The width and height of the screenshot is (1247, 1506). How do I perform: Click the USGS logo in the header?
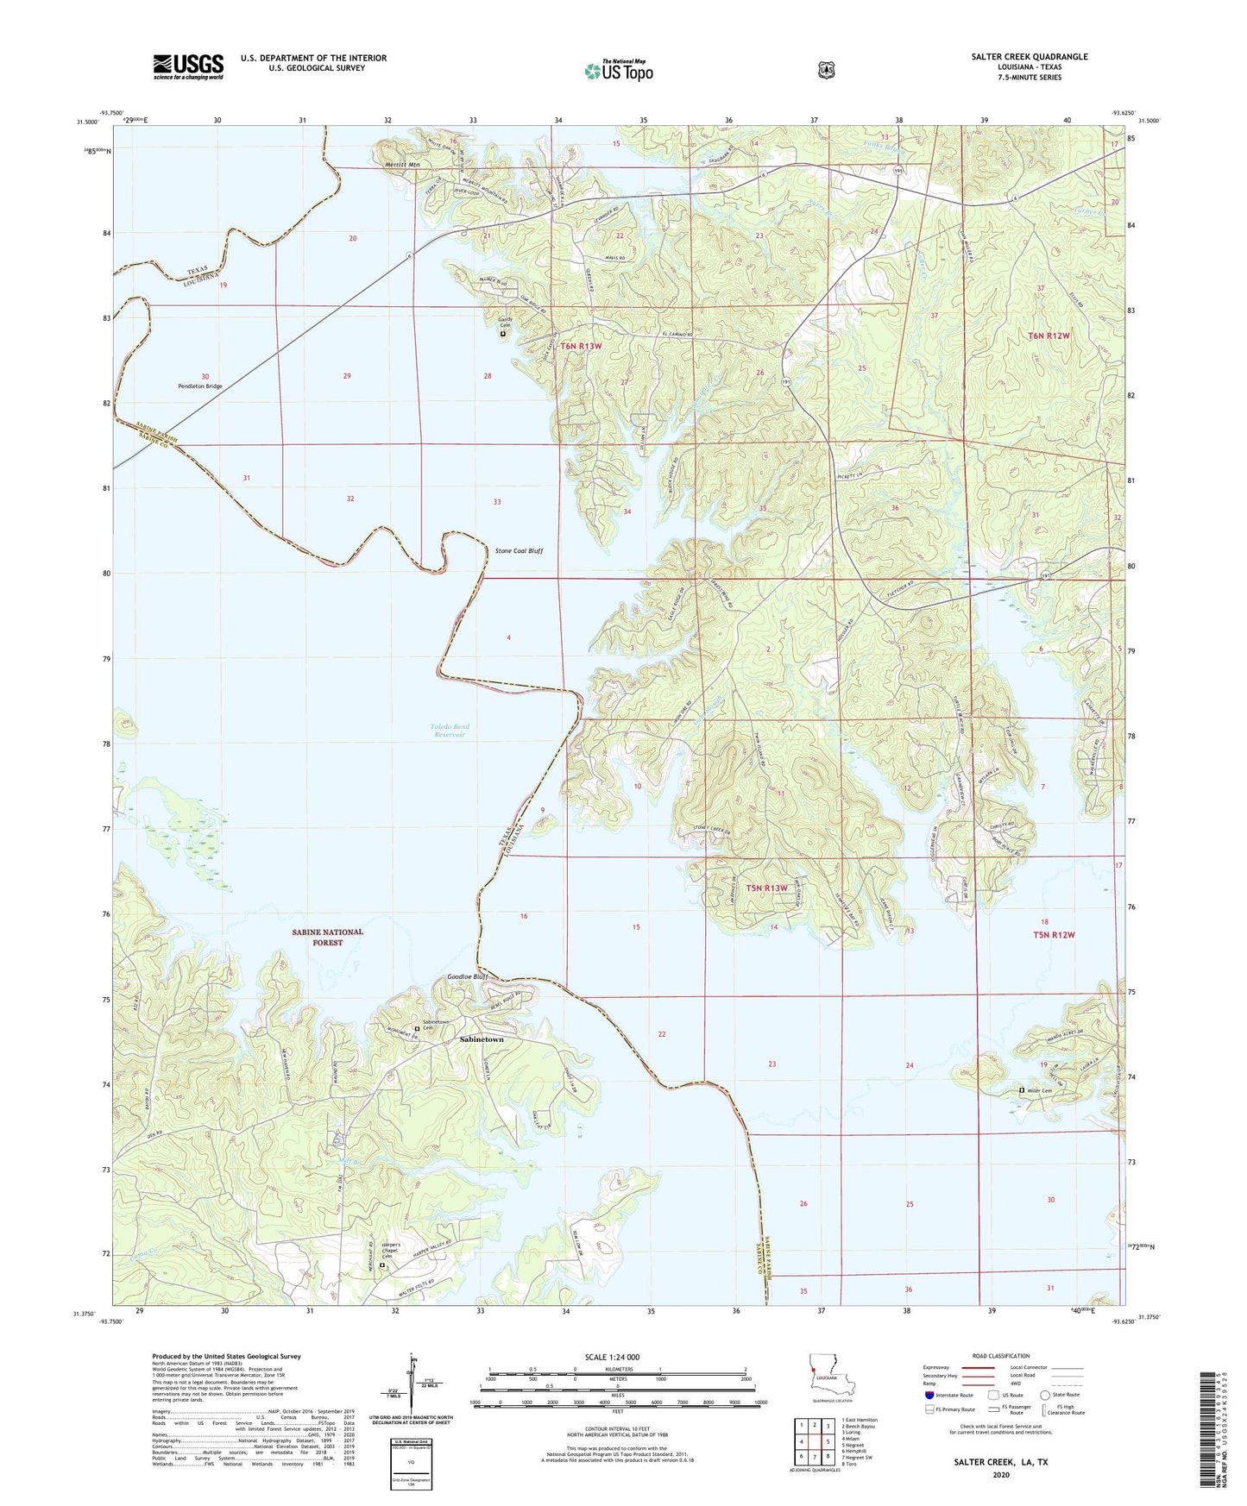188,66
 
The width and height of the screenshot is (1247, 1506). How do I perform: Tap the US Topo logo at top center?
618,71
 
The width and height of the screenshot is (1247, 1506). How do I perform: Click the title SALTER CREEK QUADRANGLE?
1029,57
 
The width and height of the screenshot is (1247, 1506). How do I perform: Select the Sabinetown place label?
481,1039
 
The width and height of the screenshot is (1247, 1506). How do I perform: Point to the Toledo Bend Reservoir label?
450,731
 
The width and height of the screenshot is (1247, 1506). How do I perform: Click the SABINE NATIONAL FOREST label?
327,937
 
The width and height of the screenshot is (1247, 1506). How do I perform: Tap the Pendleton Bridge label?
200,386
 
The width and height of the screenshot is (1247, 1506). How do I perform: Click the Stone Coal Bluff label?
519,550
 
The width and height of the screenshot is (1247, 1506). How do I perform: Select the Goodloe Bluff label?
467,976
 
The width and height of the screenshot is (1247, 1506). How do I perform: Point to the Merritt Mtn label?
402,164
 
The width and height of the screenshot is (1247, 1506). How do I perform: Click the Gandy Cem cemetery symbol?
503,334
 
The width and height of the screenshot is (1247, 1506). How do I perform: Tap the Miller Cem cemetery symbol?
1022,1090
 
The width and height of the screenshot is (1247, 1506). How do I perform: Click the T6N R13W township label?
581,346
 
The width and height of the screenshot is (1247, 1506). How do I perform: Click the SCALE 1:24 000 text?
612,1357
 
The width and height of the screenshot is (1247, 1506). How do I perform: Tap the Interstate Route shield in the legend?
929,1395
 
